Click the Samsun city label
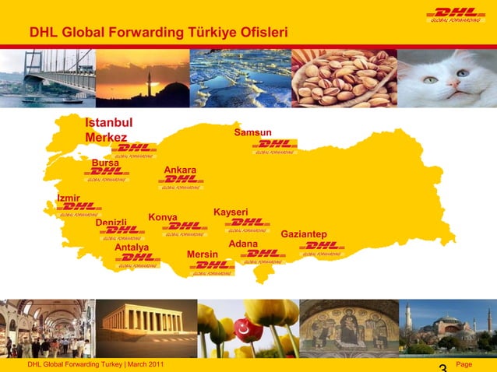[x=252, y=133]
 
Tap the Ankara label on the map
[x=180, y=170]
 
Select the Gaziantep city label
[x=304, y=234]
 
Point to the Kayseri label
[x=231, y=212]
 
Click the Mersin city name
[x=203, y=254]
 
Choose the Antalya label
[x=132, y=247]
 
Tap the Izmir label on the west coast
[x=69, y=198]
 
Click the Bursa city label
[x=105, y=163]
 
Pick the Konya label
[x=163, y=217]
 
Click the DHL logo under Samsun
[x=274, y=146]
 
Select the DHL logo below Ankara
[x=181, y=181]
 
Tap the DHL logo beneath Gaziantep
[x=321, y=247]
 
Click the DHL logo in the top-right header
[x=456, y=14]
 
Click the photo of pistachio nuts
[x=344, y=78]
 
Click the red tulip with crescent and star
[x=248, y=329]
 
